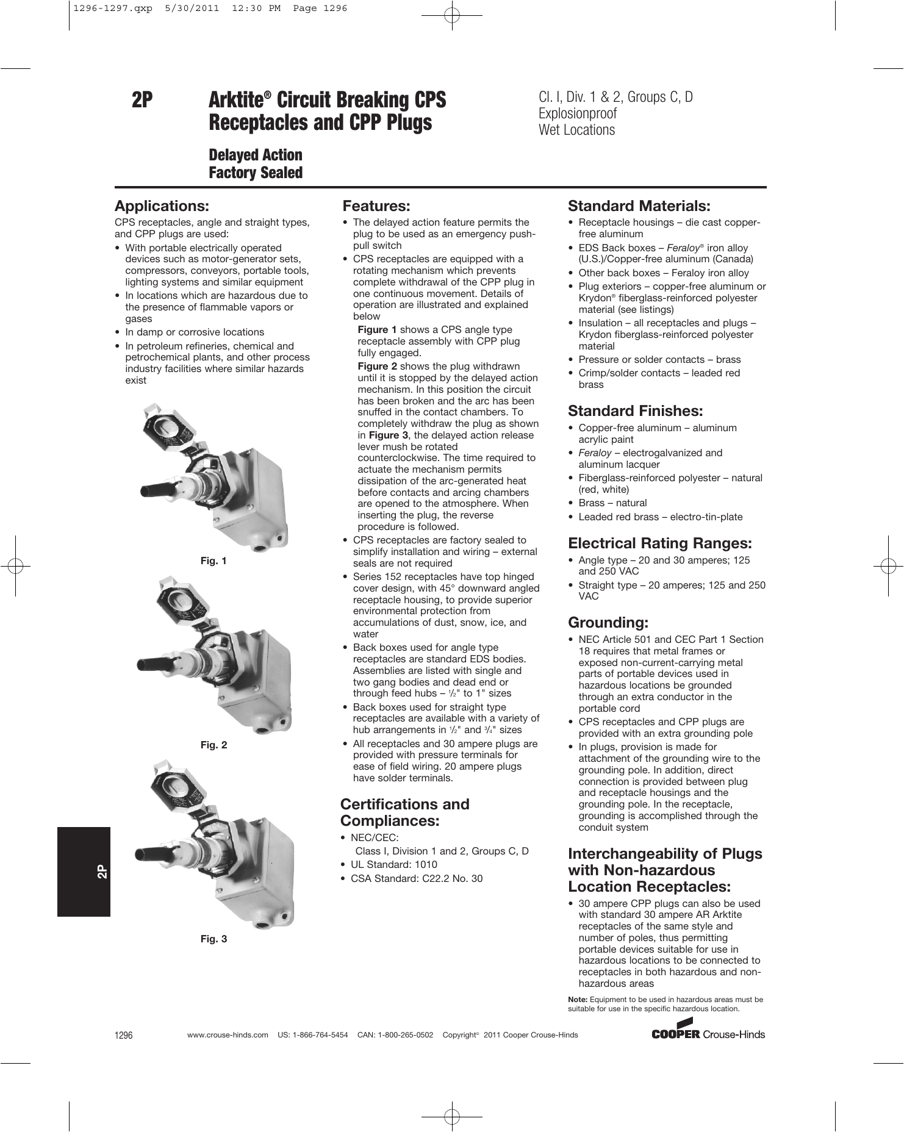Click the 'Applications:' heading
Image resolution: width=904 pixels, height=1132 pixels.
[162, 206]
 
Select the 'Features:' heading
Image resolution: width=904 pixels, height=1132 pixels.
[376, 206]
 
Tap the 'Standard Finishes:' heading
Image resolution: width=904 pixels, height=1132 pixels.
[635, 411]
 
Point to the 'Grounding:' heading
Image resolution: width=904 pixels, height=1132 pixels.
[608, 623]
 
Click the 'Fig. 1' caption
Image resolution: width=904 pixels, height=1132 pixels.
[213, 561]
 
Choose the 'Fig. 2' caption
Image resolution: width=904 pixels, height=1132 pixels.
[213, 745]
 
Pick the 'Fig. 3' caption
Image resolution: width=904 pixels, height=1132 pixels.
[213, 939]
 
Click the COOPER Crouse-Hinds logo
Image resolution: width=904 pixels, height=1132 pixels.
[708, 1033]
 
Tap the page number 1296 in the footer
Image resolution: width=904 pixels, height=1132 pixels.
[123, 1035]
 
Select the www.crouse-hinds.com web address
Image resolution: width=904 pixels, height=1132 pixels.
[228, 1035]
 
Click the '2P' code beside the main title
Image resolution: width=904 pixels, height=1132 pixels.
[142, 100]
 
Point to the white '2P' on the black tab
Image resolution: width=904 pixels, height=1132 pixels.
[102, 872]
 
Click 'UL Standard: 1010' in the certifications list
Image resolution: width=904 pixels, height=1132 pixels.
[393, 865]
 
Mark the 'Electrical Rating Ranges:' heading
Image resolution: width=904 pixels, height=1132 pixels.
[659, 543]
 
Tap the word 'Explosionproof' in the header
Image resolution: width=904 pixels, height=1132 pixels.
[578, 113]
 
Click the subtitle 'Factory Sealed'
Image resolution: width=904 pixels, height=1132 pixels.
[256, 173]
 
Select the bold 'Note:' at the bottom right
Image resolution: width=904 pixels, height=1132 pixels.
[578, 1000]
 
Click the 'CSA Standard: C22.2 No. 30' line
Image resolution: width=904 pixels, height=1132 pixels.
[416, 879]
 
